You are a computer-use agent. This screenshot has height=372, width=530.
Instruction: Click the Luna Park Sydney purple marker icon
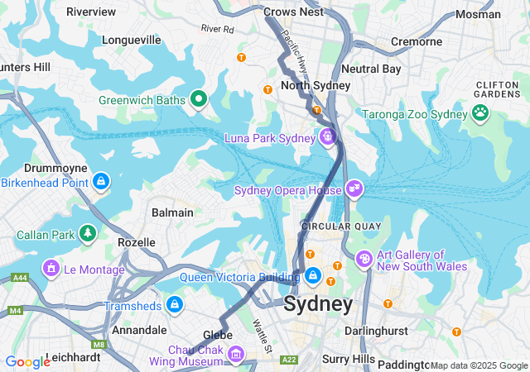click(328, 136)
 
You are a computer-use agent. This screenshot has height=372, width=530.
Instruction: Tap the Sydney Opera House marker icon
click(354, 189)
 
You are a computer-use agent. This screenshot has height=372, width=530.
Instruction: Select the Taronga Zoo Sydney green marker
click(479, 113)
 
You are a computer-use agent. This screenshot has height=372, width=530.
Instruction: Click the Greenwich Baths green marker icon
click(198, 100)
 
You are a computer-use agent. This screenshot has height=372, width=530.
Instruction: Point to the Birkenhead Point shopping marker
click(101, 181)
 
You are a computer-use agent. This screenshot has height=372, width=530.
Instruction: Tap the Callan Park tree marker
click(87, 235)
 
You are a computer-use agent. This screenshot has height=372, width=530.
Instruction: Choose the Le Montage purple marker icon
click(51, 269)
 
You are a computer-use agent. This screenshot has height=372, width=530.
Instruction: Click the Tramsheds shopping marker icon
click(175, 305)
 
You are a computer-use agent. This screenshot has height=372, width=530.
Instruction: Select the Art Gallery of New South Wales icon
click(364, 260)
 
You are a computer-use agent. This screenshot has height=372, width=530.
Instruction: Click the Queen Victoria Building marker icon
click(312, 275)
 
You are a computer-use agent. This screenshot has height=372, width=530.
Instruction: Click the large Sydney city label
click(318, 304)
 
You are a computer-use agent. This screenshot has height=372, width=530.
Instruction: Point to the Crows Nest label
click(292, 12)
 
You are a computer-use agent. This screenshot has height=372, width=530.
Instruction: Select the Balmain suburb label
click(172, 212)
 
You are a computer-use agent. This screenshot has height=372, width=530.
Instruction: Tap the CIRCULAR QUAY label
click(335, 225)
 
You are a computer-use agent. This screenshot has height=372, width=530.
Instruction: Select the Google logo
click(27, 362)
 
